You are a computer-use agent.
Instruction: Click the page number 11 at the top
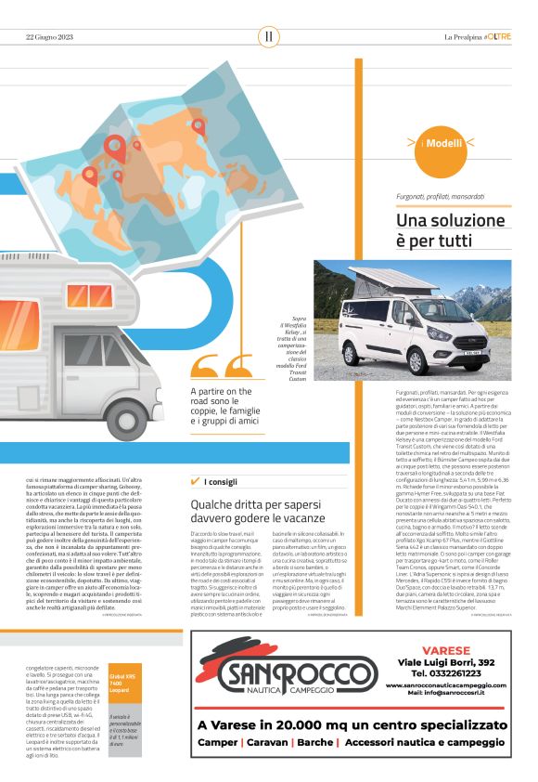click(268, 35)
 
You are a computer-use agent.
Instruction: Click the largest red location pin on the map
click(115, 148)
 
